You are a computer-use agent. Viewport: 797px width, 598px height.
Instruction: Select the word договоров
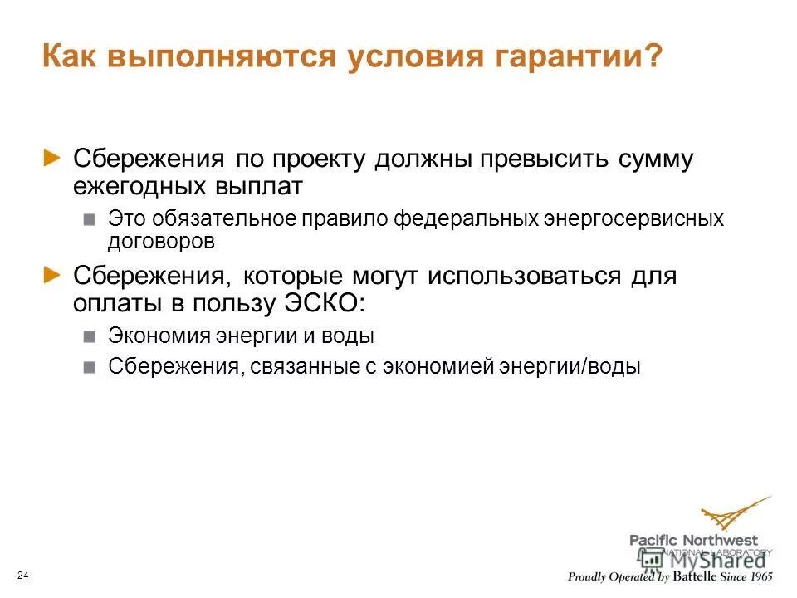[161, 242]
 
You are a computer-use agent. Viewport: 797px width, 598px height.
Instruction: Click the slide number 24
[22, 576]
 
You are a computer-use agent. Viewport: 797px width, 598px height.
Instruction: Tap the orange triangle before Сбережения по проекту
[52, 157]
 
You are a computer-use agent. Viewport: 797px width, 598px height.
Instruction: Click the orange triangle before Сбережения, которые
[52, 274]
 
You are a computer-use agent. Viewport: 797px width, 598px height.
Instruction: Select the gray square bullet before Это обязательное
[90, 220]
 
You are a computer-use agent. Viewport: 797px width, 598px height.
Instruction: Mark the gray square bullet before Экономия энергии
[90, 336]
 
